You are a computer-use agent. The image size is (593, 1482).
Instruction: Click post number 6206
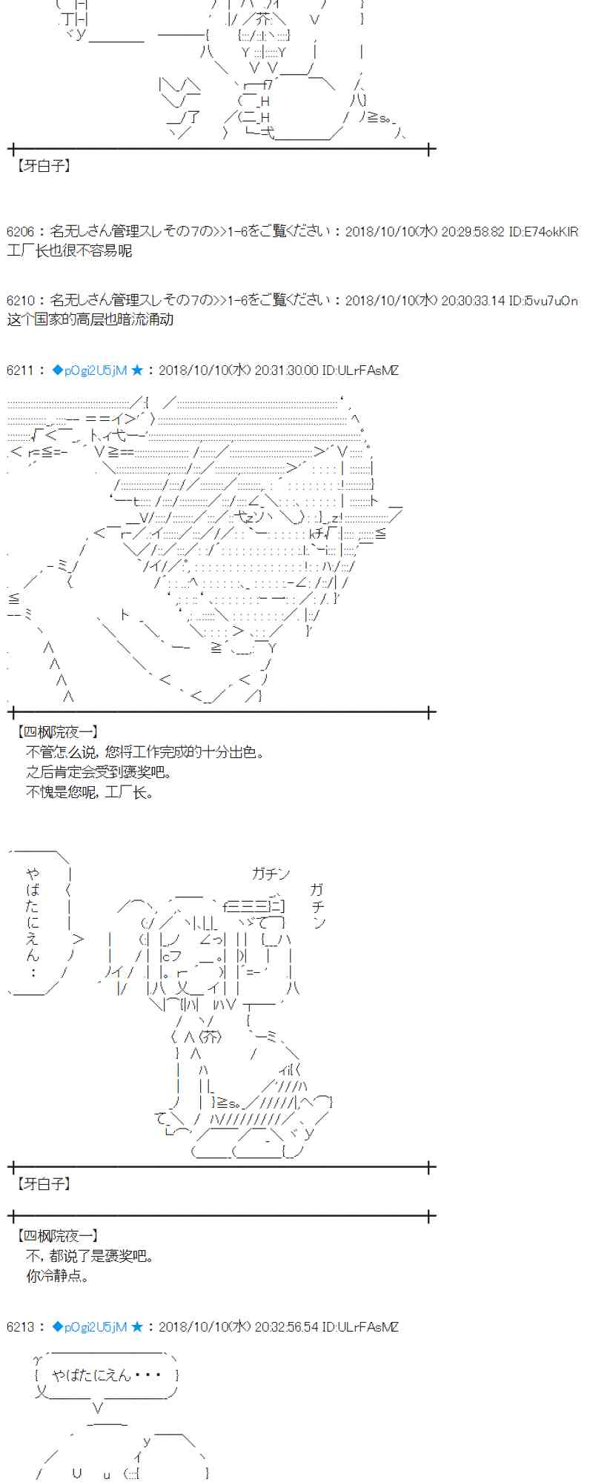20,232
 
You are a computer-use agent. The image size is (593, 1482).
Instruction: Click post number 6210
20,301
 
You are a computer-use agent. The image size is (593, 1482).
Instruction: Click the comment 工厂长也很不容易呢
70,250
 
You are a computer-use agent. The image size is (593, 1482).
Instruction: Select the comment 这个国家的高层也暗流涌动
90,319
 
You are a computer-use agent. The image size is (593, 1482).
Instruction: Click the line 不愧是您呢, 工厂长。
90,792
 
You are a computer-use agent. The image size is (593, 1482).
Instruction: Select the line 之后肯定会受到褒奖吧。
99,772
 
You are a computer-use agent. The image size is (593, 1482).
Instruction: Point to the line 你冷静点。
58,1276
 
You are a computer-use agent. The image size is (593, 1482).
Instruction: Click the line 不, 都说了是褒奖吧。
90,1256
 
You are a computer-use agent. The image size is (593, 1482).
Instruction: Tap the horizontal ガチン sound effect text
271,874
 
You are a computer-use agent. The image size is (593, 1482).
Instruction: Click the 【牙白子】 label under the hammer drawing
42,1184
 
